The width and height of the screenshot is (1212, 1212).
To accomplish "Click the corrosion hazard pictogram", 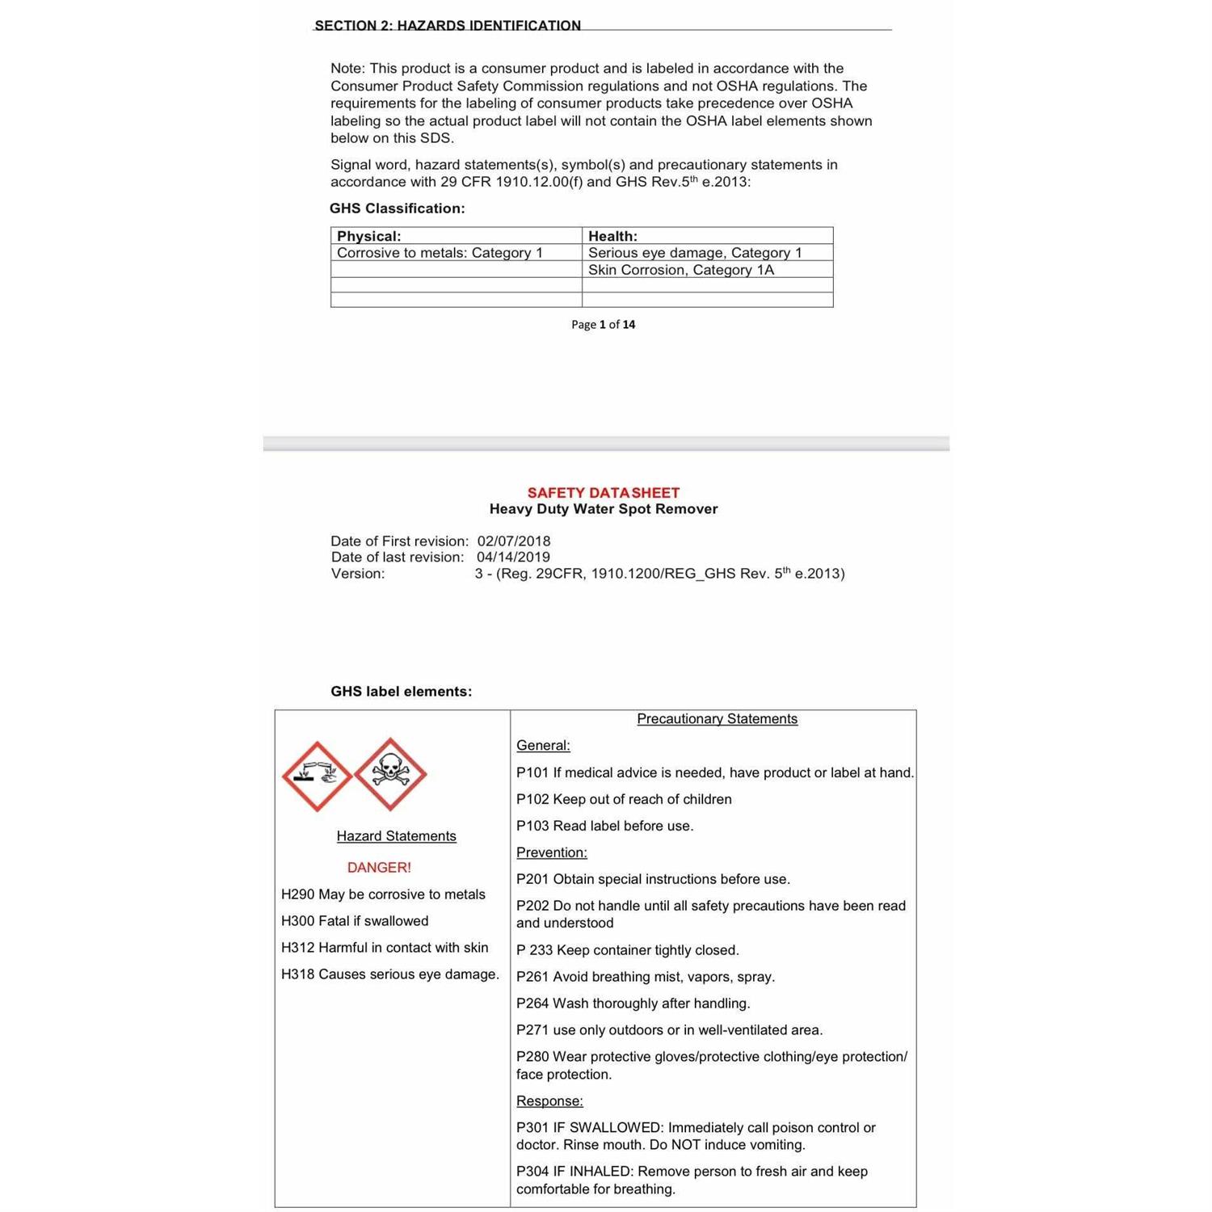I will pyautogui.click(x=316, y=776).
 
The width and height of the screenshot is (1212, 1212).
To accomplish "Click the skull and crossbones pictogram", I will pyautogui.click(x=390, y=774).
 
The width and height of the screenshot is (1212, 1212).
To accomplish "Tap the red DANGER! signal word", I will pyautogui.click(x=379, y=867).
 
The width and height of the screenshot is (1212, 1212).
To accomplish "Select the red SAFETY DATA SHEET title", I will pyautogui.click(x=604, y=492).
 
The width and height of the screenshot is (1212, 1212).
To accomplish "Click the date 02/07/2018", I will pyautogui.click(x=514, y=541).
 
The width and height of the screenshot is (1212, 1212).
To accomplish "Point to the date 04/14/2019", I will pyautogui.click(x=513, y=558).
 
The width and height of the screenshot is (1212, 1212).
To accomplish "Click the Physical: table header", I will pyautogui.click(x=369, y=236).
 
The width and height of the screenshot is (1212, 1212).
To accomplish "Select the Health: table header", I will pyautogui.click(x=612, y=236).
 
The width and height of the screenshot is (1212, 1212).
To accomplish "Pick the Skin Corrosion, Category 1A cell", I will pyautogui.click(x=681, y=270).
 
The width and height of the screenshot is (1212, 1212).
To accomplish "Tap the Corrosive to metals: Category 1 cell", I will pyautogui.click(x=440, y=253).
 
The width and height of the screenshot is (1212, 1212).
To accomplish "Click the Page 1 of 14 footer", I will pyautogui.click(x=603, y=325).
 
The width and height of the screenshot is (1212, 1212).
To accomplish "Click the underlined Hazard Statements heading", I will pyautogui.click(x=396, y=836).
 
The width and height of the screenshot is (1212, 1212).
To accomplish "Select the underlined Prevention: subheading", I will pyautogui.click(x=552, y=852).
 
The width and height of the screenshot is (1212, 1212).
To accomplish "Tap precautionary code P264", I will pyautogui.click(x=532, y=1004).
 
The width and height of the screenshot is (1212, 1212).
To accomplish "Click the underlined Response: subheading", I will pyautogui.click(x=549, y=1101).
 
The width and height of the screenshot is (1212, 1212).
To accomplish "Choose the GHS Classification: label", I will pyautogui.click(x=397, y=208).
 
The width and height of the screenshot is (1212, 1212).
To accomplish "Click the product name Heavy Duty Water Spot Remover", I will pyautogui.click(x=604, y=509).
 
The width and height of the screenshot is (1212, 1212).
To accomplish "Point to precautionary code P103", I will pyautogui.click(x=532, y=826).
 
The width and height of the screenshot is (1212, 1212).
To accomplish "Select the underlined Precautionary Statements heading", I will pyautogui.click(x=717, y=719).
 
